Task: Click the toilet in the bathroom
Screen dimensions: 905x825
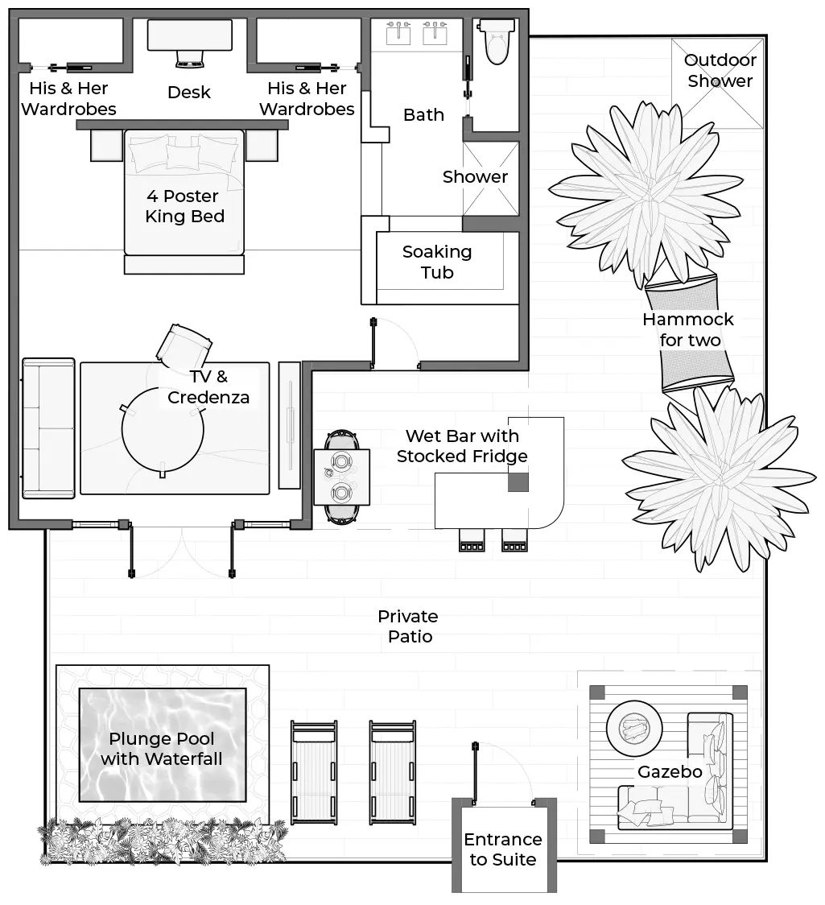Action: click(495, 42)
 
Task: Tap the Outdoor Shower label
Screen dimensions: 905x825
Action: click(720, 71)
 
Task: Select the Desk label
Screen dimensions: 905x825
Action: click(189, 93)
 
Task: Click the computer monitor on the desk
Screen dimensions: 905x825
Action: click(190, 59)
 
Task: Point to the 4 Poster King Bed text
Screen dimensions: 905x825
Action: click(184, 206)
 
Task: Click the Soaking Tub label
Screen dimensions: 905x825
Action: click(437, 262)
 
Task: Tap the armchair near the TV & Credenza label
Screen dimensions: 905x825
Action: click(183, 345)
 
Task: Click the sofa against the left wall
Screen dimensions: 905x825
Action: click(48, 428)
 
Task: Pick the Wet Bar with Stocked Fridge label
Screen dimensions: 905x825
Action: click(462, 446)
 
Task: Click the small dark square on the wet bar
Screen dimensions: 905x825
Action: click(518, 482)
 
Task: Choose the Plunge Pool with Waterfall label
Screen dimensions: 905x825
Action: click(162, 749)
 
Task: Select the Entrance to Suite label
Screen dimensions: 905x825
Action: click(503, 849)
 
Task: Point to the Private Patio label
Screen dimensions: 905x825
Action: click(408, 626)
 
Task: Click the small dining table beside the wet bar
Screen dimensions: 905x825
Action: click(342, 477)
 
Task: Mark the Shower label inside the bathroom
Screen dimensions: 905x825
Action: click(475, 177)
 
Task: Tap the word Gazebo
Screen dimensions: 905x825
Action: click(670, 772)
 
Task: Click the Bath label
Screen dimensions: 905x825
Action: click(423, 115)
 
